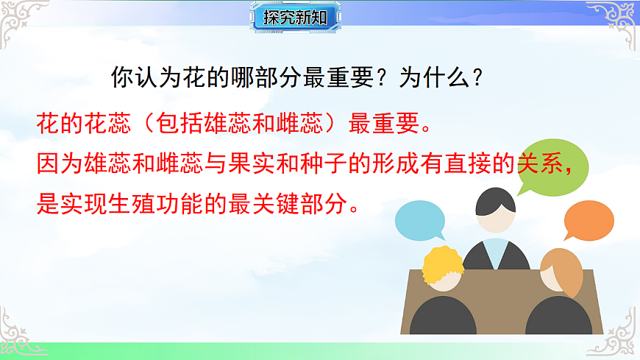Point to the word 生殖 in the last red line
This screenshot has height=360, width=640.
point(166,202)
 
